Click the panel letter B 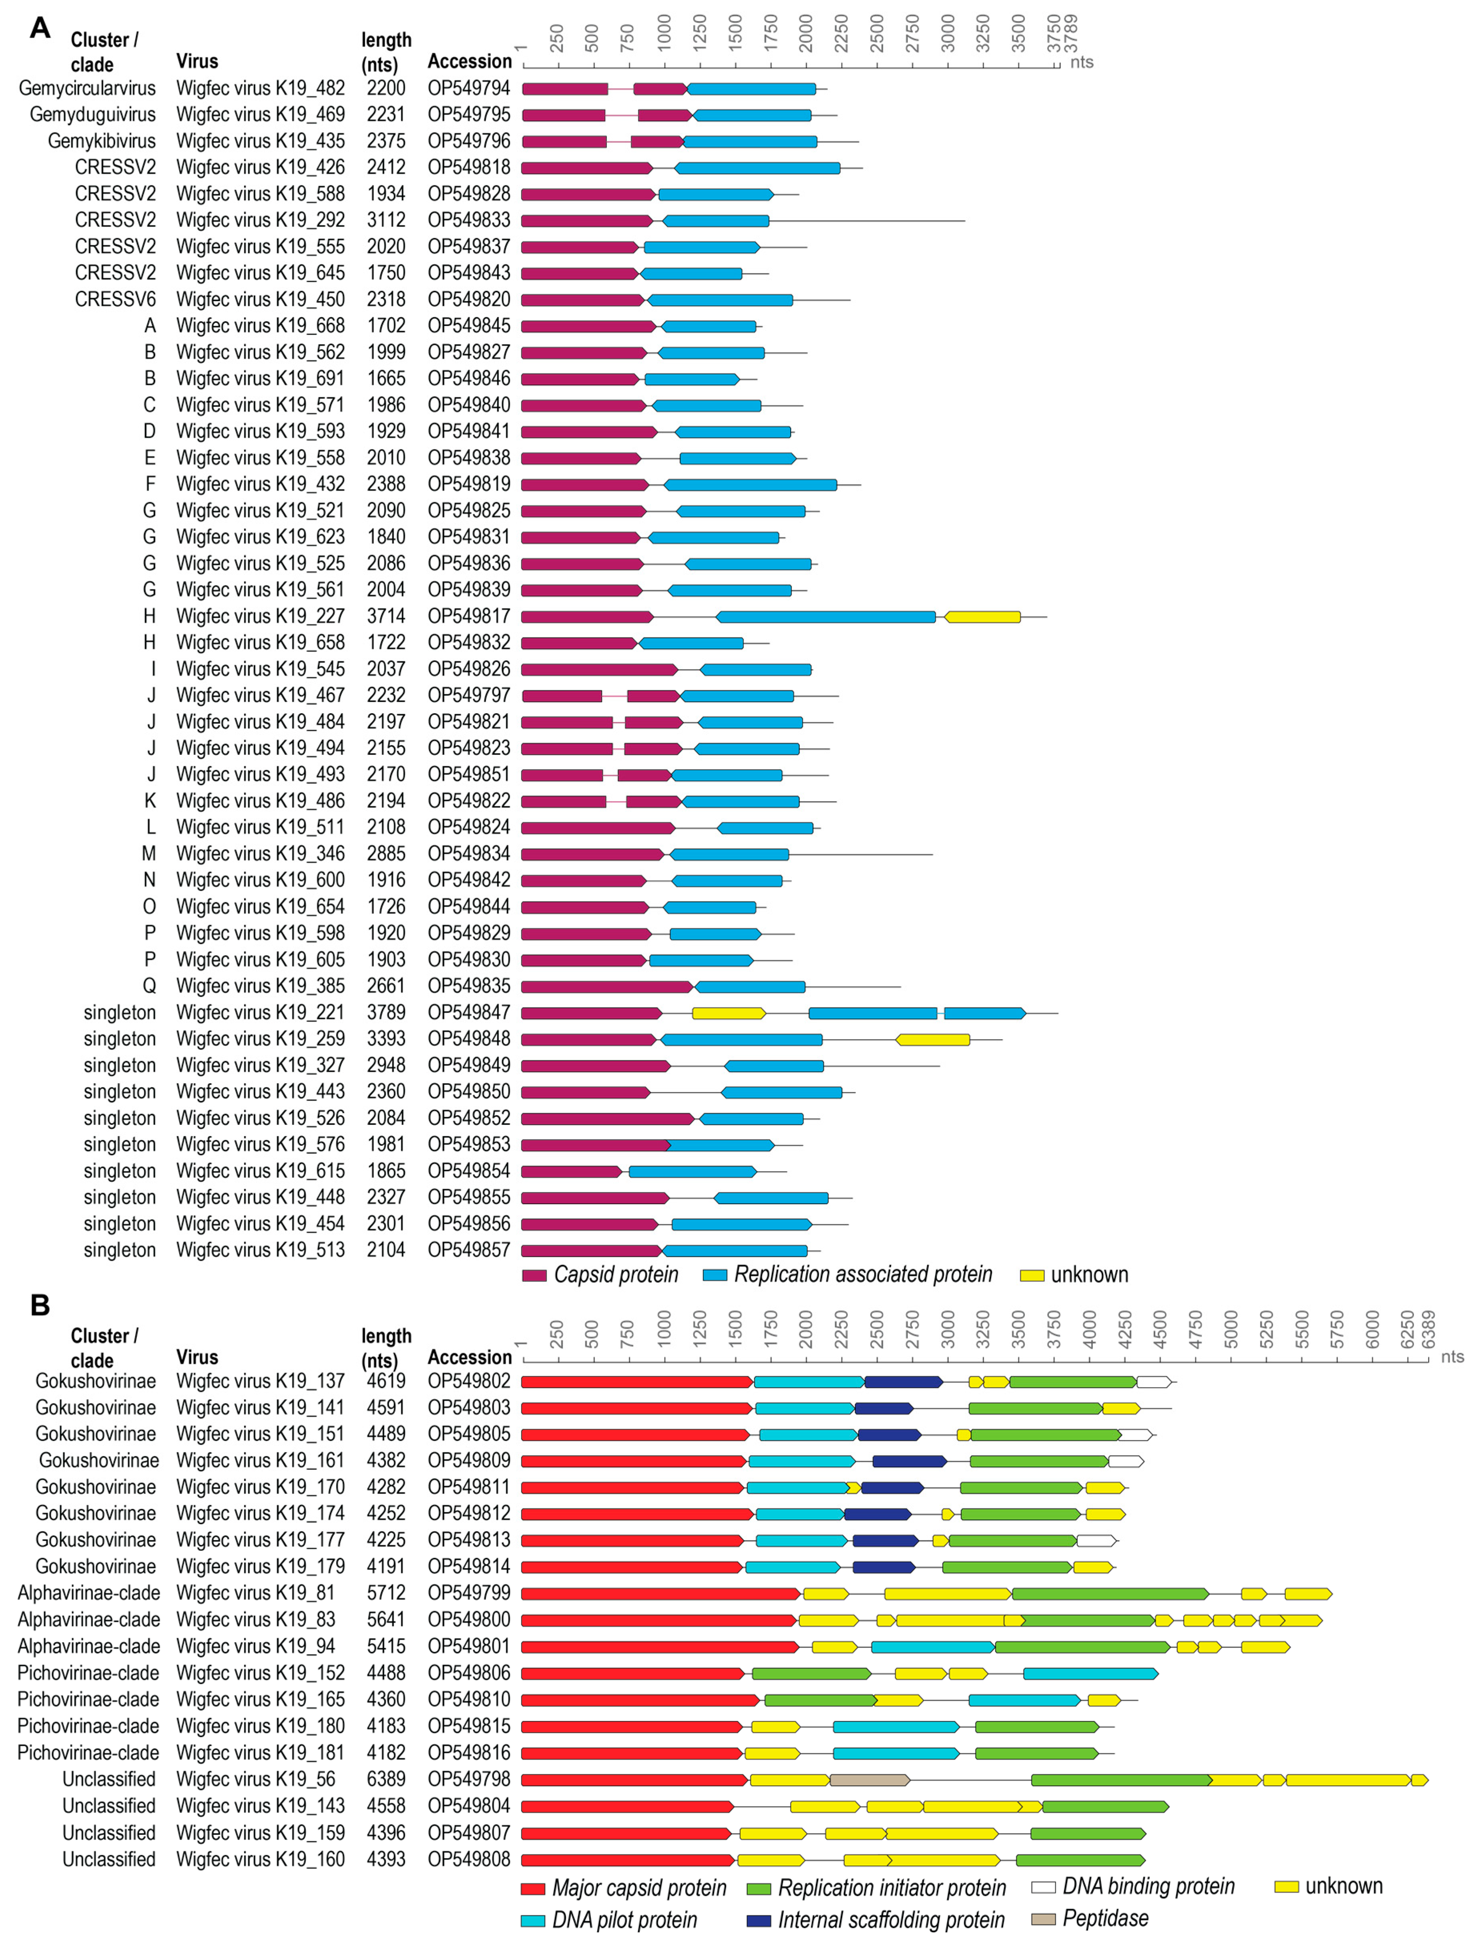(x=40, y=1305)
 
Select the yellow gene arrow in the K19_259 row (x=932, y=1040)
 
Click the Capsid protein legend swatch (x=534, y=1275)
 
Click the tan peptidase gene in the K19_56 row (x=869, y=1780)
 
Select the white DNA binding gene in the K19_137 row (x=1153, y=1382)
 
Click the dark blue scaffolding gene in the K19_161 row (x=909, y=1461)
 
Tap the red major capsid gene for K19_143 (x=627, y=1807)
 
